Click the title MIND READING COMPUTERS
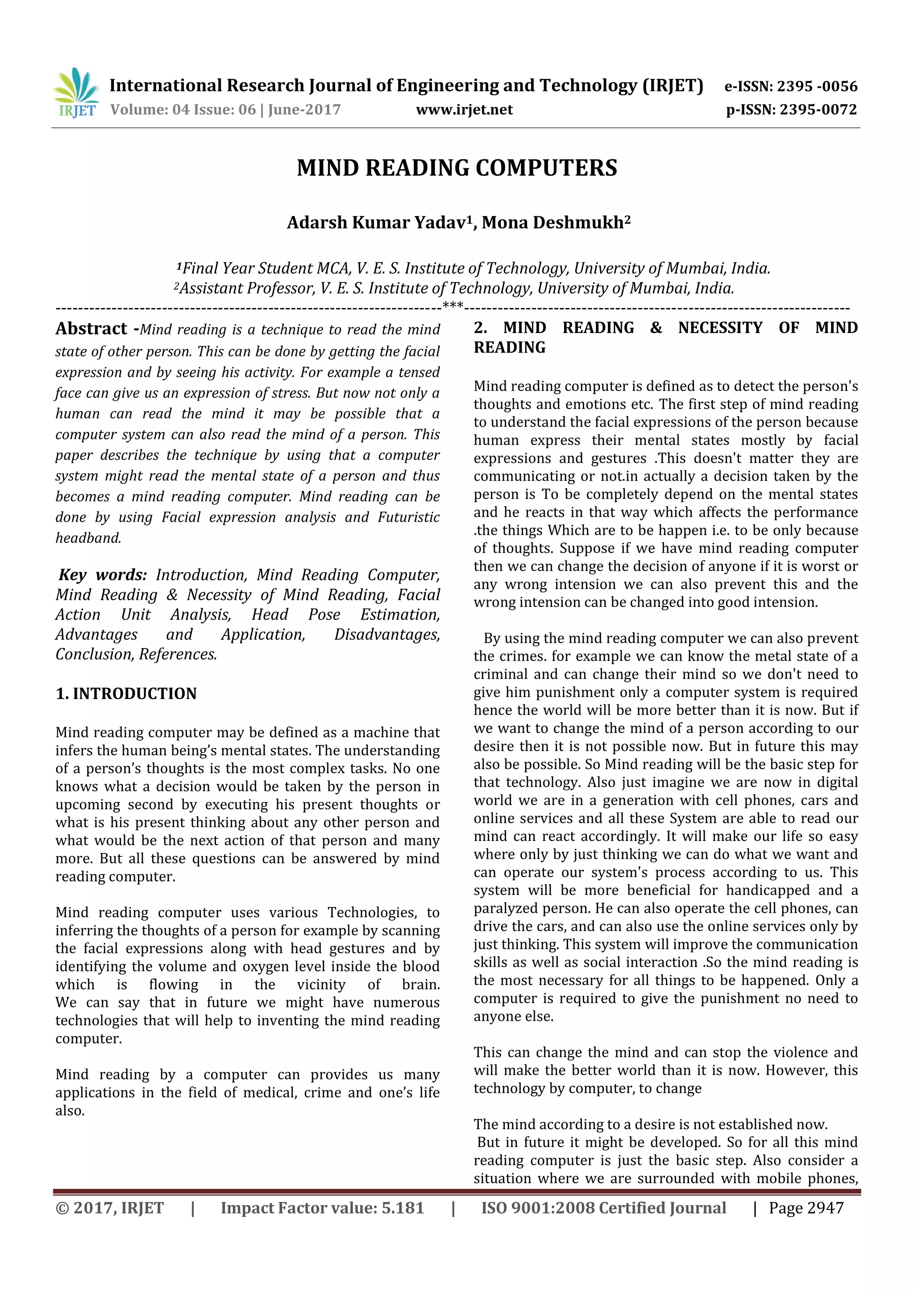point(457,168)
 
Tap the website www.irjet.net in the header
point(464,109)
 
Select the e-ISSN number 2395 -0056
point(817,86)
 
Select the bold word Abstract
point(91,328)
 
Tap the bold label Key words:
point(103,574)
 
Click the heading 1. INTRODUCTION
point(126,693)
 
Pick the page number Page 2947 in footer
point(806,1208)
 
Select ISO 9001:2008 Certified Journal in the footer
point(603,1208)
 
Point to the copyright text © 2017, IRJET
point(109,1208)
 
